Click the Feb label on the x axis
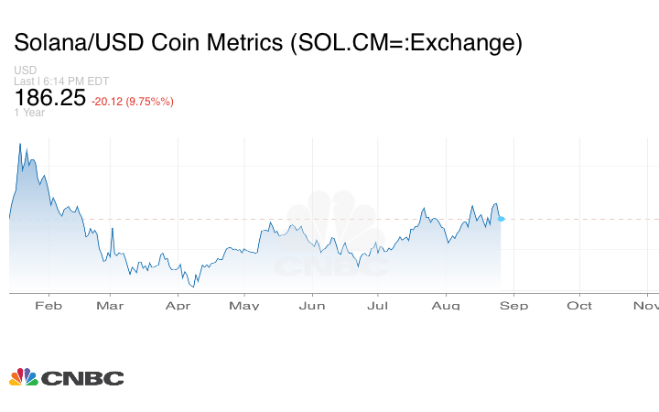click(x=48, y=305)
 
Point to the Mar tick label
click(x=110, y=305)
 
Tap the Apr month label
click(x=178, y=305)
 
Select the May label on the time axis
click(x=244, y=305)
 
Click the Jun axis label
click(x=313, y=305)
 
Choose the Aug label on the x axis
click(x=446, y=305)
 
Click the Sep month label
click(x=513, y=305)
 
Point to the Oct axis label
click(x=579, y=305)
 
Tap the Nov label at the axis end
click(x=645, y=305)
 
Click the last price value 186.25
click(x=48, y=98)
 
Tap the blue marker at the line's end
click(x=502, y=218)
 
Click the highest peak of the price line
click(x=20, y=144)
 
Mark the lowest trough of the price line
click(x=194, y=287)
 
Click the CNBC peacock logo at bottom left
click(x=23, y=377)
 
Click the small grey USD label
click(x=24, y=70)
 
